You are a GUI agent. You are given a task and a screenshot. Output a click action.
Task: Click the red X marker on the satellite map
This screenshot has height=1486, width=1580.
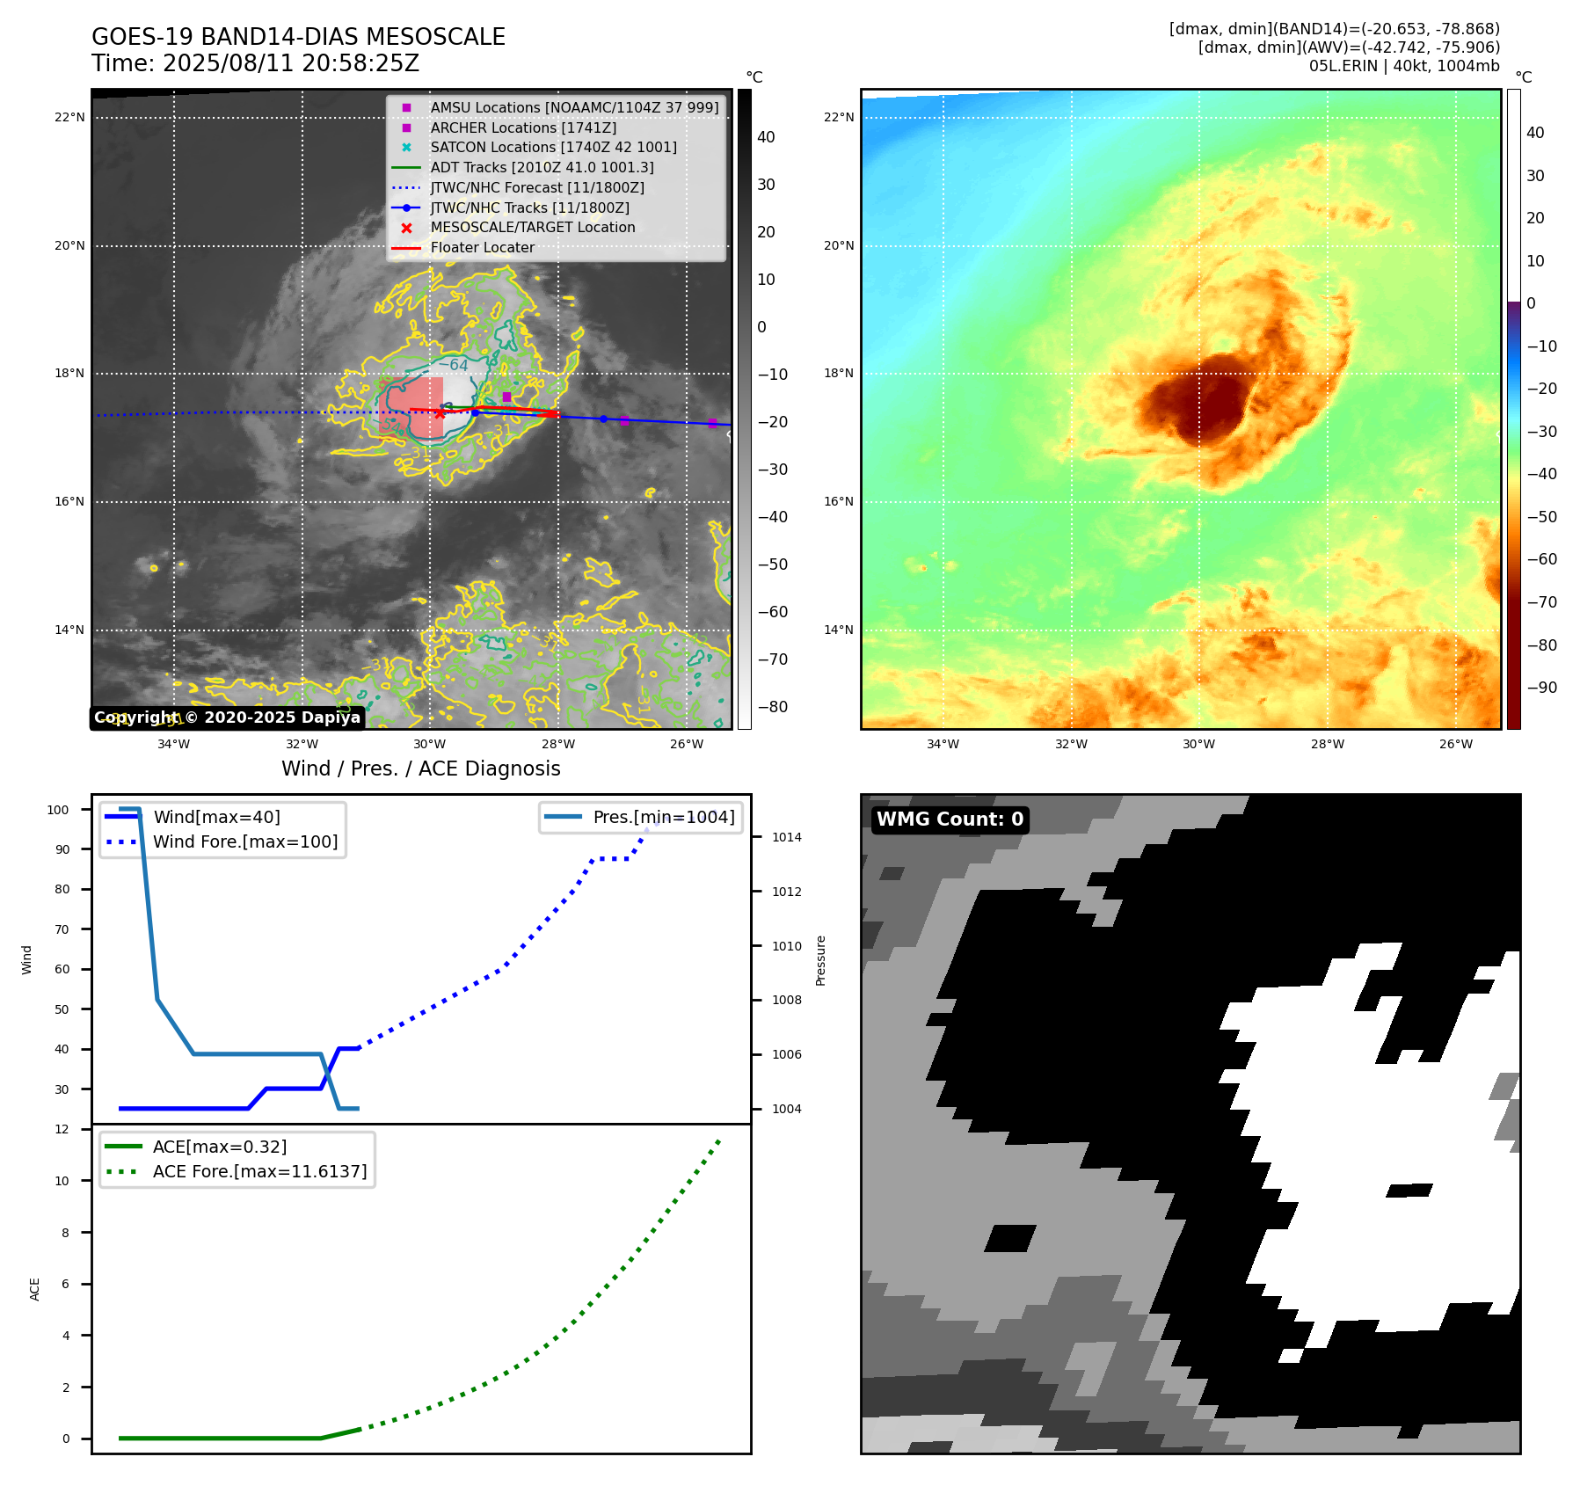pos(440,413)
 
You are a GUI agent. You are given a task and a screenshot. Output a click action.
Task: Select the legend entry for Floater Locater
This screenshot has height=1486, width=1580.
pos(482,248)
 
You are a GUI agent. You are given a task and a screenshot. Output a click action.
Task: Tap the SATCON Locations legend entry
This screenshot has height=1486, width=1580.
pos(553,148)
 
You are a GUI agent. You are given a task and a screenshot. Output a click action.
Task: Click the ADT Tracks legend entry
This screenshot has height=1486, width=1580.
pos(542,168)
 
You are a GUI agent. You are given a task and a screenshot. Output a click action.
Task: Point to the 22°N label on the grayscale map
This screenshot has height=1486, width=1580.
pos(70,118)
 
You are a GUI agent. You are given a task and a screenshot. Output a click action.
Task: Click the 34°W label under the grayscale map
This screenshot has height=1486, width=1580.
pos(173,745)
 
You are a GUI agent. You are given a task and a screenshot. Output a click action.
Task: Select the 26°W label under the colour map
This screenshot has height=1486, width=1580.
pos(1455,745)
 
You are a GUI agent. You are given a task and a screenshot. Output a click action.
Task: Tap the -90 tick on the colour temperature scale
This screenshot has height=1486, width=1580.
pos(1542,688)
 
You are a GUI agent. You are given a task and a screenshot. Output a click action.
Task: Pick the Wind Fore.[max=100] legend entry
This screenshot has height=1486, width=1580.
pos(245,842)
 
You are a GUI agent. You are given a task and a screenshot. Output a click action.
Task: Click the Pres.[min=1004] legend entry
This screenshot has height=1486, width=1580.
pos(663,818)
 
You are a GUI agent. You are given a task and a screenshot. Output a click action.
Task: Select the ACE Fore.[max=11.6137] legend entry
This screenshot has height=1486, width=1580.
pos(259,1172)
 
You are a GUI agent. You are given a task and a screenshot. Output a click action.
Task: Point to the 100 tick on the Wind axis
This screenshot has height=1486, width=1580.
pos(58,810)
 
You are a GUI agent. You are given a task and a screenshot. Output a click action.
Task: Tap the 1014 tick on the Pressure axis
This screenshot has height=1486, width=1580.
pos(787,838)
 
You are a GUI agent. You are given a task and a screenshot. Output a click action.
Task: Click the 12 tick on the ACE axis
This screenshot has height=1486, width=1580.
pos(62,1130)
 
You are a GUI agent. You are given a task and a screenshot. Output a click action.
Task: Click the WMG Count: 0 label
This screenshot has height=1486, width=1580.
pos(950,819)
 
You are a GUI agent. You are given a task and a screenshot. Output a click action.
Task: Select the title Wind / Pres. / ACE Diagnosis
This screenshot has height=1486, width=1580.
pos(420,769)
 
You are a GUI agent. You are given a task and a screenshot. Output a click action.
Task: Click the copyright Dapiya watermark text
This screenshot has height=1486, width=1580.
pos(227,718)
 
